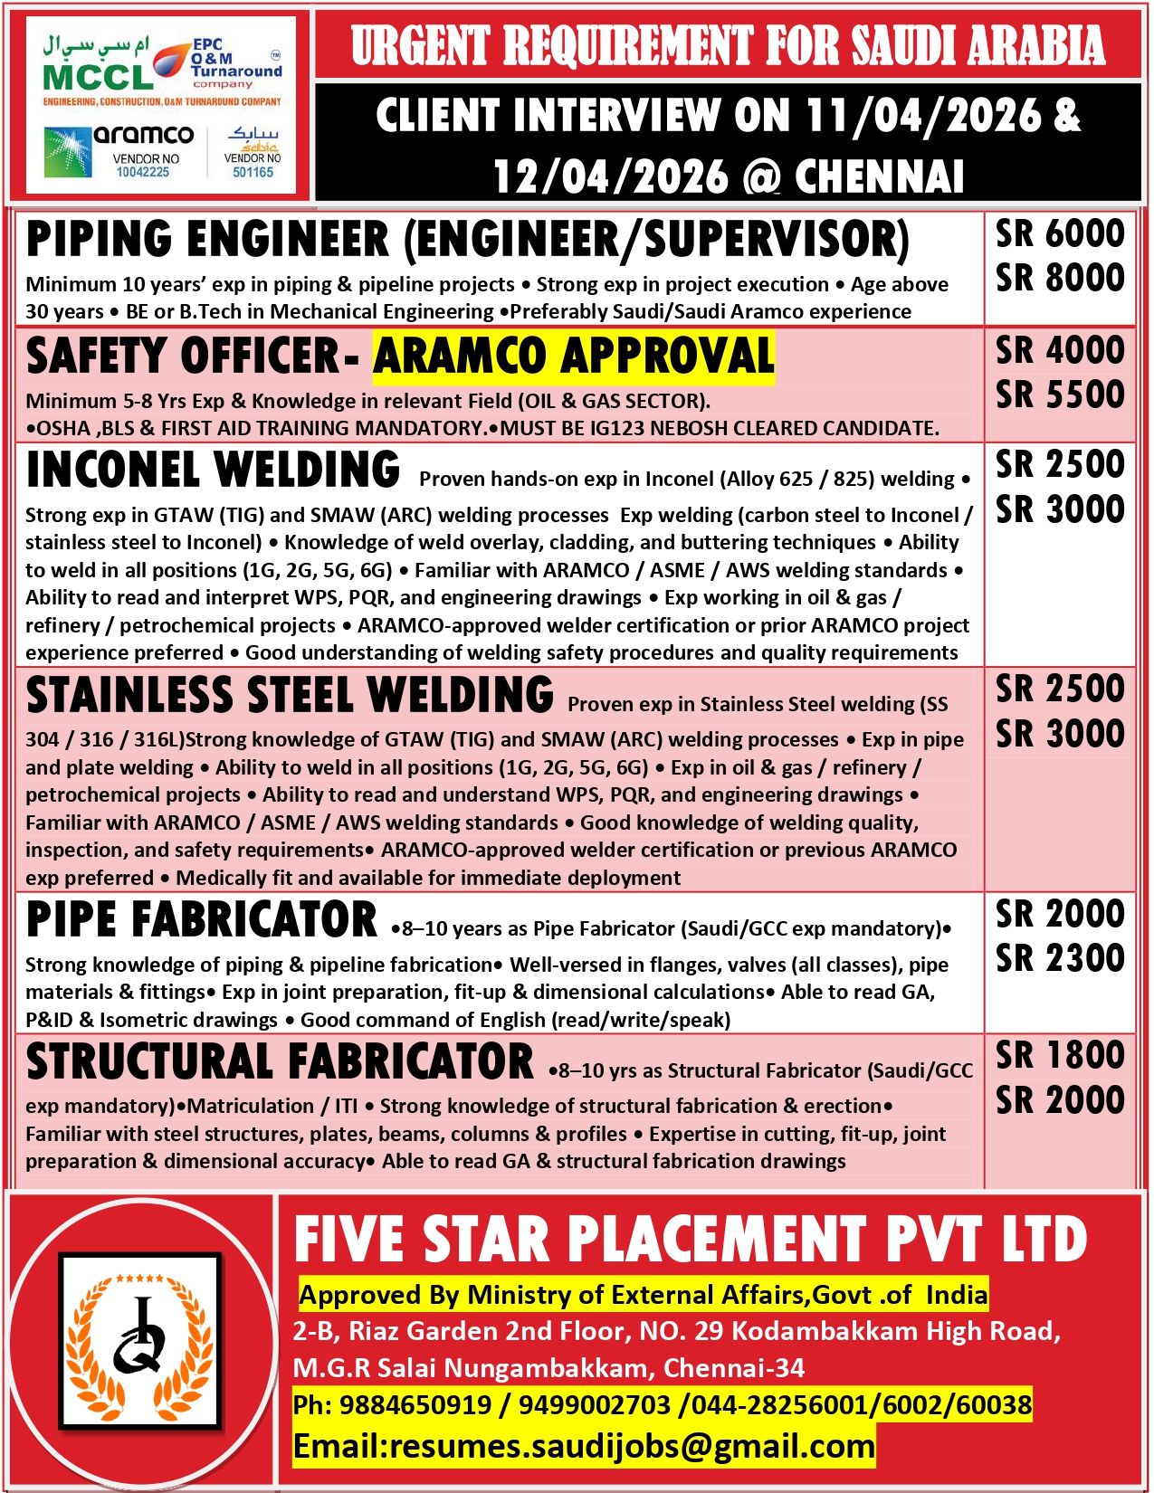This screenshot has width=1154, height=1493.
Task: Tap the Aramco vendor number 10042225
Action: tap(143, 172)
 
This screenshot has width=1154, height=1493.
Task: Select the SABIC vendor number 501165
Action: tap(253, 172)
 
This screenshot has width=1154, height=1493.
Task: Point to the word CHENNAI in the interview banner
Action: tap(879, 176)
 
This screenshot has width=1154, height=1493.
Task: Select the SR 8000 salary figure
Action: tap(1060, 278)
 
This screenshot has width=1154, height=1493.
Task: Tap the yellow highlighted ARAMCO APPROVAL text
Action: tap(574, 356)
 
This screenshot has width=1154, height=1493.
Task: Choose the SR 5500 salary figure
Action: tap(1060, 395)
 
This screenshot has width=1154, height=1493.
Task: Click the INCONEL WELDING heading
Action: tap(214, 470)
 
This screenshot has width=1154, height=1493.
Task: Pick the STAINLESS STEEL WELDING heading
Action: tap(290, 695)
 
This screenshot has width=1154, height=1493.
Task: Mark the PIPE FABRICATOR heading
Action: tap(202, 920)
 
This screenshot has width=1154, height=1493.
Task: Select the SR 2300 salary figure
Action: tap(1060, 958)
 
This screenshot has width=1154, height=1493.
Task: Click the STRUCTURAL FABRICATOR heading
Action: tap(280, 1062)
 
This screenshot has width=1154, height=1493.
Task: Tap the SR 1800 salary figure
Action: tap(1060, 1055)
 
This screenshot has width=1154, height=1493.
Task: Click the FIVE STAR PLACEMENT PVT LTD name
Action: tap(691, 1240)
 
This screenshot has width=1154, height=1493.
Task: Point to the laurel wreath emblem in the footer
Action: tap(140, 1339)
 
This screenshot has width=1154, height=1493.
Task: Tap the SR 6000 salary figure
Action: tap(1060, 233)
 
